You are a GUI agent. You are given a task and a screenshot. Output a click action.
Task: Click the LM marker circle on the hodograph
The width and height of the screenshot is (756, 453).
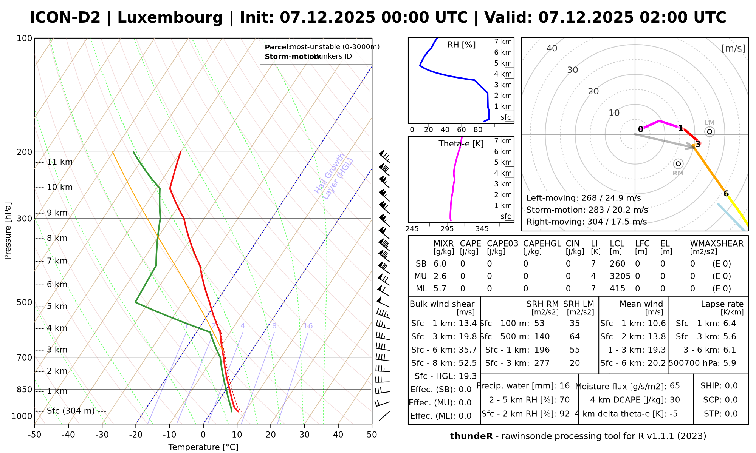(710, 131)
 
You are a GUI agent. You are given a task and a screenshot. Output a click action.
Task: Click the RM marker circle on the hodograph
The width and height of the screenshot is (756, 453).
(678, 163)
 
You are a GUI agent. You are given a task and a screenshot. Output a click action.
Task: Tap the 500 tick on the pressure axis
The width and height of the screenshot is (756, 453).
(25, 302)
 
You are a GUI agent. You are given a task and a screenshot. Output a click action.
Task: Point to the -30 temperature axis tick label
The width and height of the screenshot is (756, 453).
(102, 435)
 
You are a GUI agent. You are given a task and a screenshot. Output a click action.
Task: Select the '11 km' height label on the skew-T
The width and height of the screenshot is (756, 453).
(60, 162)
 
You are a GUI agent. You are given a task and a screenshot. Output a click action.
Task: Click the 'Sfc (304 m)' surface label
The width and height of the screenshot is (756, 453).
(71, 411)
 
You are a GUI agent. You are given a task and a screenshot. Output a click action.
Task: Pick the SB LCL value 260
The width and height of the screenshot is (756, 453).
(618, 264)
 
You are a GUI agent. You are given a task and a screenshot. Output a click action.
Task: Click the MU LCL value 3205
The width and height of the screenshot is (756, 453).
(620, 276)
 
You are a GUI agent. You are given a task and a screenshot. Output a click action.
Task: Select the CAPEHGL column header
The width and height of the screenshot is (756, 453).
(542, 244)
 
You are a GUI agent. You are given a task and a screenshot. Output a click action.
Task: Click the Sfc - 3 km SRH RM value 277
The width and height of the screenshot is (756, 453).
(542, 363)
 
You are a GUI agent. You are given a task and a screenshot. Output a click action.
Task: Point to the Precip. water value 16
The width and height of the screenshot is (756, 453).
(564, 386)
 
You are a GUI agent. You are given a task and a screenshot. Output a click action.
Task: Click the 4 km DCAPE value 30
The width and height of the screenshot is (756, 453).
(675, 400)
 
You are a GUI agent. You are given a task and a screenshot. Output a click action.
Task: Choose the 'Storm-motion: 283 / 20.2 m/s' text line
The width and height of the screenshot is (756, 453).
(587, 210)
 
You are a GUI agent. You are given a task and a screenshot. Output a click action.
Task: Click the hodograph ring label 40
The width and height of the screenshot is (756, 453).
(552, 48)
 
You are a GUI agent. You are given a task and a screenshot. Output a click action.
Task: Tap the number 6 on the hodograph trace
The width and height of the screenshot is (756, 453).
(726, 194)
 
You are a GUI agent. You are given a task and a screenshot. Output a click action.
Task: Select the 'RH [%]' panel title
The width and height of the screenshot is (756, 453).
(461, 45)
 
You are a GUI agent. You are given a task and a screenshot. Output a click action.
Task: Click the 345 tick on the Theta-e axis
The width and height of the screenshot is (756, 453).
(482, 229)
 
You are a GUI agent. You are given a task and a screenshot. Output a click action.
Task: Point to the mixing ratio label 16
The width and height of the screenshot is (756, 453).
(308, 326)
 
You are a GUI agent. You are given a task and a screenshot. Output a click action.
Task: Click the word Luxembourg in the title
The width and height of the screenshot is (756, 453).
(170, 18)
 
